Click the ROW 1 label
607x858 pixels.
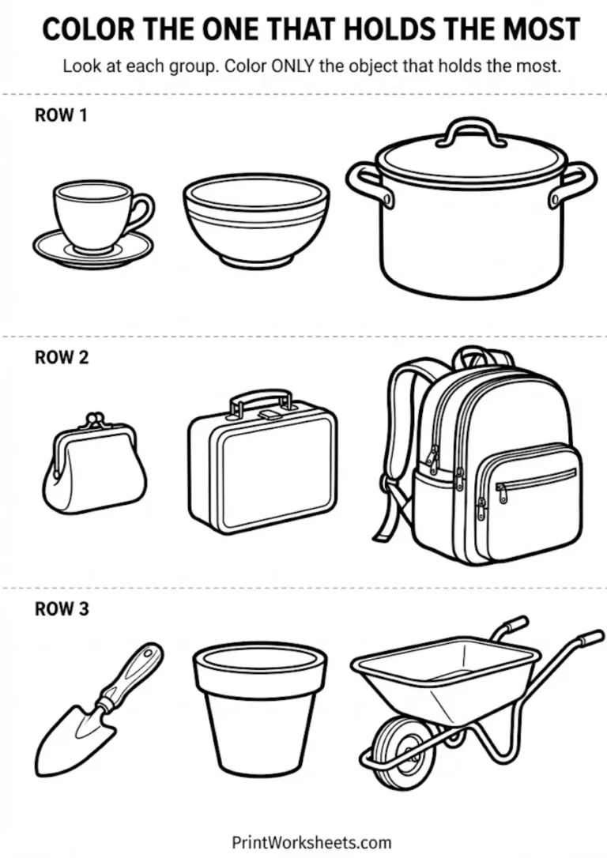coord(61,115)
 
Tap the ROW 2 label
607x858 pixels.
coord(62,357)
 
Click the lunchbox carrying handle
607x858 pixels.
coord(259,398)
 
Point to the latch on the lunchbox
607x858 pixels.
coord(270,413)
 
